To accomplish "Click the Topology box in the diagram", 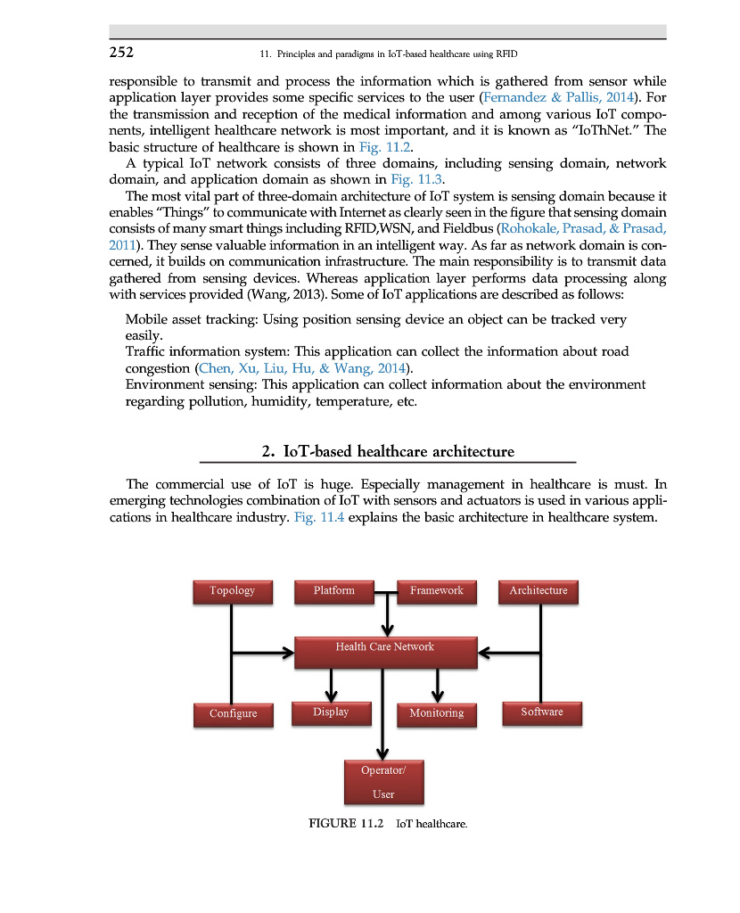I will tap(232, 591).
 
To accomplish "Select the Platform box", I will tap(333, 591).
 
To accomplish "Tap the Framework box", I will tap(436, 591).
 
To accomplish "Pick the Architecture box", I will tap(538, 591).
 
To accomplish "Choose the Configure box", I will tap(233, 713).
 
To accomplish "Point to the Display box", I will tap(331, 712).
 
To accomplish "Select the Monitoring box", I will tap(436, 713).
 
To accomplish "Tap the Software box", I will tap(542, 712).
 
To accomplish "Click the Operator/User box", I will tap(383, 781).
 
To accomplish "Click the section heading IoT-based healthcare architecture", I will tap(388, 451).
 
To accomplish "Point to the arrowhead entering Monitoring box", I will tap(437, 696).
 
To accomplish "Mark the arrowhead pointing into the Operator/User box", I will tap(383, 751).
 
